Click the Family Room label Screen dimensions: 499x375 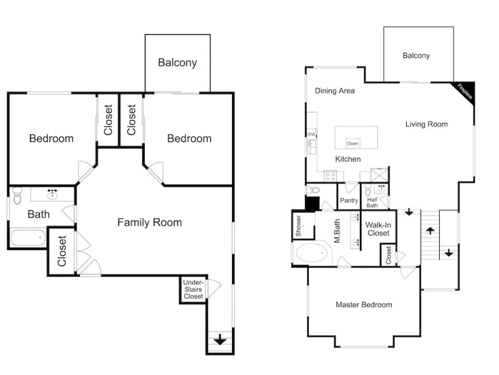click(150, 222)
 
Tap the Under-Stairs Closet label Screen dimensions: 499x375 click(193, 289)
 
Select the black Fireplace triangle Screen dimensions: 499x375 click(466, 92)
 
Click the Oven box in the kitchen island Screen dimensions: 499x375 click(352, 144)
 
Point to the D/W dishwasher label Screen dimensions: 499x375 click(311, 134)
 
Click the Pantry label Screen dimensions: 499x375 click(349, 200)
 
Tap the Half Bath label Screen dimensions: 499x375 click(372, 202)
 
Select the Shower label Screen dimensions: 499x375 click(298, 226)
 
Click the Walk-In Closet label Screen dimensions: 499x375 click(379, 229)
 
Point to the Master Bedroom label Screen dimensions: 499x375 click(364, 305)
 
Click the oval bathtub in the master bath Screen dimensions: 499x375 click(311, 253)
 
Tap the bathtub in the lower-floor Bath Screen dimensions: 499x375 click(28, 238)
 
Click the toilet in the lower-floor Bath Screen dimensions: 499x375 click(17, 196)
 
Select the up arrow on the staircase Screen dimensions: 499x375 click(430, 231)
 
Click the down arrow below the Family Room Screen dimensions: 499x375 click(220, 339)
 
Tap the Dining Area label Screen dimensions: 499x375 click(334, 91)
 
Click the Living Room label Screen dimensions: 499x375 click(427, 124)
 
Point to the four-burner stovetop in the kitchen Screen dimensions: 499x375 click(330, 176)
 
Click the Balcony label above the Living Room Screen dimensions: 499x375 click(416, 56)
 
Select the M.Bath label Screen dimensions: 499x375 click(337, 231)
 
